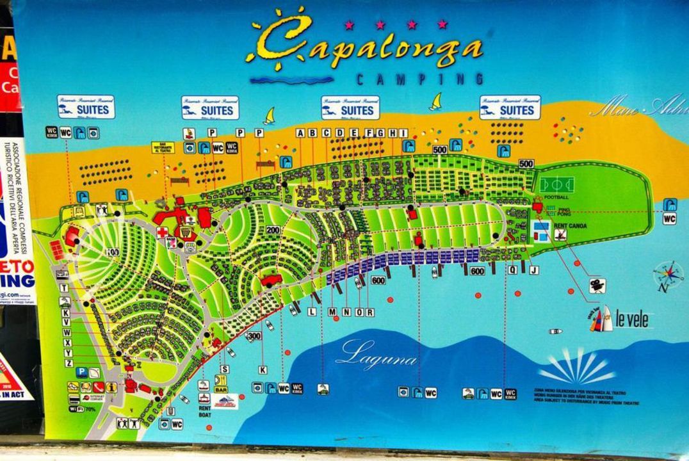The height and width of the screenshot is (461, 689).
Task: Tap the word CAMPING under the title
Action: click(419, 79)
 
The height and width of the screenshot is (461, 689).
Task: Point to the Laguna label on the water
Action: click(377, 354)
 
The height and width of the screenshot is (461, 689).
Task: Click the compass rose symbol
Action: click(668, 275)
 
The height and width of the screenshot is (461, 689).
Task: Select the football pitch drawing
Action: click(556, 184)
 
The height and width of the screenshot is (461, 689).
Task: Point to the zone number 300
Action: click(254, 336)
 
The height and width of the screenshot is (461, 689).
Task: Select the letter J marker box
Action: click(533, 270)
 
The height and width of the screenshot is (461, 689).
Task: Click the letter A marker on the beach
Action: click(300, 133)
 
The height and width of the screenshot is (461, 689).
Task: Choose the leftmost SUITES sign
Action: click(86, 108)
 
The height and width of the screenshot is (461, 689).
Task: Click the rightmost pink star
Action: click(442, 24)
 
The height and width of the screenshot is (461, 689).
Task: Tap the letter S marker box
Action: click(224, 369)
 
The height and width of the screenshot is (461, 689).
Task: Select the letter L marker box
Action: click(312, 312)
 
